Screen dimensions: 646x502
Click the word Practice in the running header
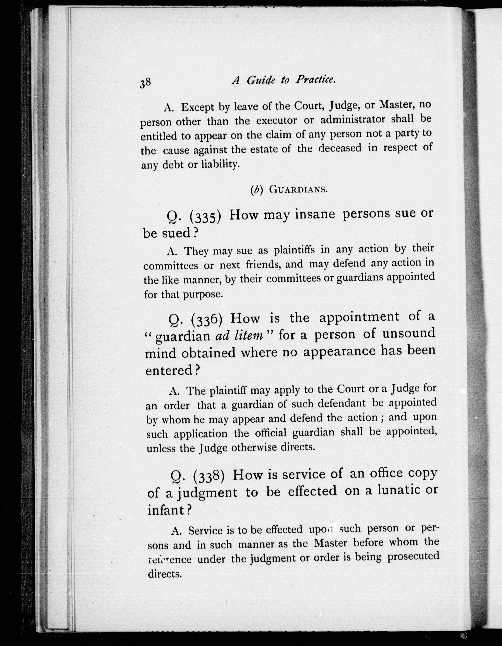316,80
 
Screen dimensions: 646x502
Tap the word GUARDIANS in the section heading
298,190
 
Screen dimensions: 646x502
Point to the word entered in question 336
169,371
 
